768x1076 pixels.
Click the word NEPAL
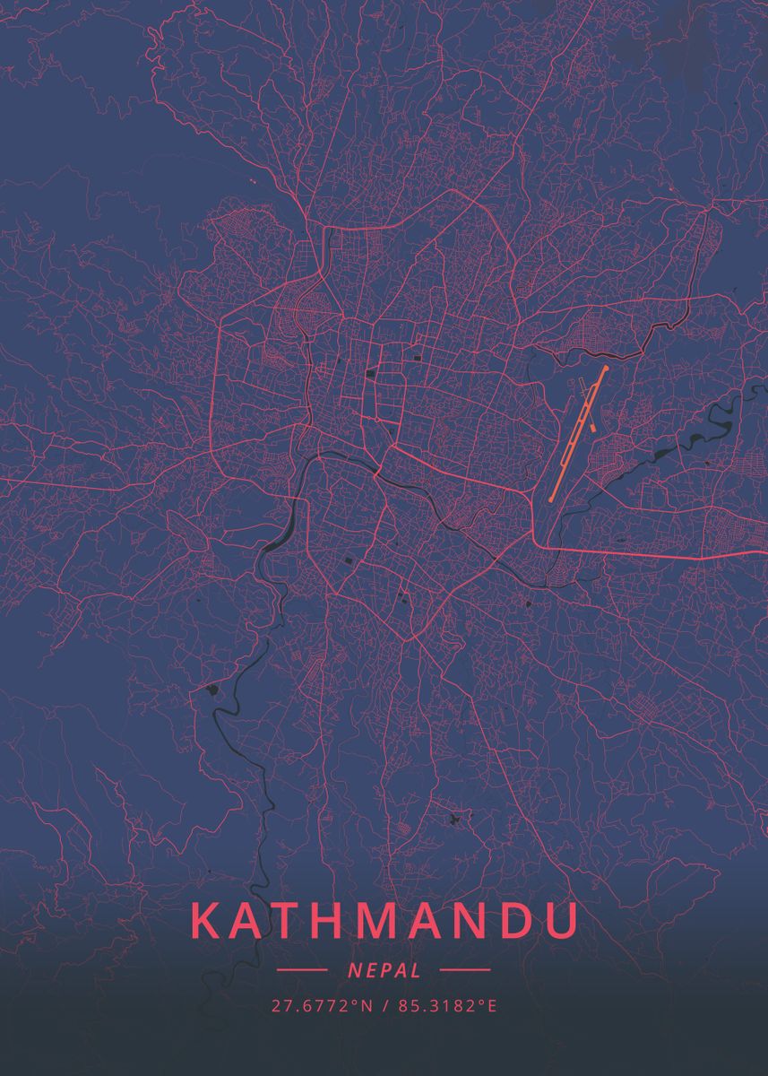pyautogui.click(x=383, y=969)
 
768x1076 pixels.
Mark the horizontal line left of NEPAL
pyautogui.click(x=302, y=969)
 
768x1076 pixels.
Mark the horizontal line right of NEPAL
pyautogui.click(x=465, y=969)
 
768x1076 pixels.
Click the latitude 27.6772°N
pyautogui.click(x=322, y=1006)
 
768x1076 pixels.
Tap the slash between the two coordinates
pyautogui.click(x=383, y=1006)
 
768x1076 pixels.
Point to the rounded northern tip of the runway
pyautogui.click(x=605, y=369)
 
